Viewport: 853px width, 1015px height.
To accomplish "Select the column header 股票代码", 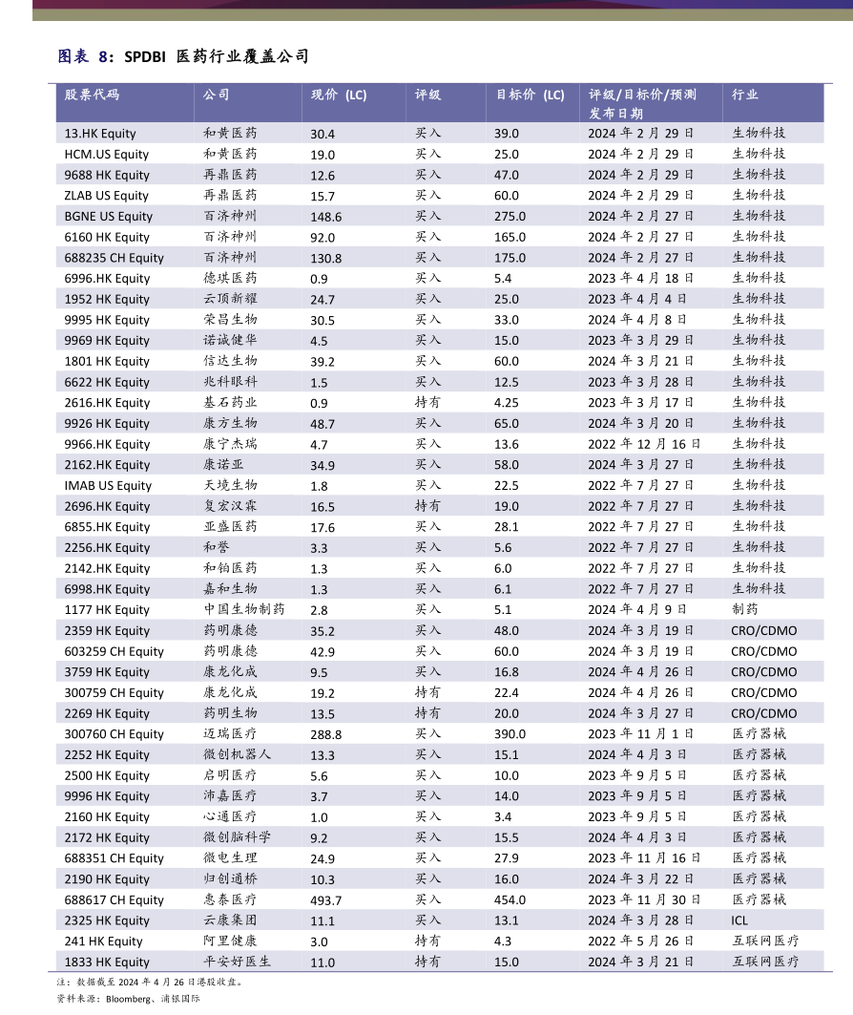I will (93, 95).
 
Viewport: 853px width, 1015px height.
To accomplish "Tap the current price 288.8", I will (326, 734).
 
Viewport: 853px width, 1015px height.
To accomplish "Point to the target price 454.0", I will (510, 900).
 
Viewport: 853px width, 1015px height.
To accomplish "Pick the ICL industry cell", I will (739, 920).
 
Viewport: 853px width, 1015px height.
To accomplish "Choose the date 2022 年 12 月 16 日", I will (644, 444).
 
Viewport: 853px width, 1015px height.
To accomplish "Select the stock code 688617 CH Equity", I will (114, 900).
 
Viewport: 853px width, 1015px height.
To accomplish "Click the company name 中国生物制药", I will (244, 609).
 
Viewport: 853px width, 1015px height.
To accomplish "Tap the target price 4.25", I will (507, 403).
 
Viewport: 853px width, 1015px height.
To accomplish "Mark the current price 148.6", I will (326, 217).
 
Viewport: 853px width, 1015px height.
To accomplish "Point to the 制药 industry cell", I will (745, 609).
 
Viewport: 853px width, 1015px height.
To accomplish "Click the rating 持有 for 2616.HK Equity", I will (428, 403).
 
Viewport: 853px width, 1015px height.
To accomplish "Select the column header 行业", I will (745, 95).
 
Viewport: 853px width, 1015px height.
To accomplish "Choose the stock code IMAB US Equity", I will (108, 486).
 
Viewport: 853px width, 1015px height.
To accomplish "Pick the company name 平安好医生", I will (238, 962).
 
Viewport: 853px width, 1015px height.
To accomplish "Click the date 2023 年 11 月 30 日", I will (644, 900).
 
